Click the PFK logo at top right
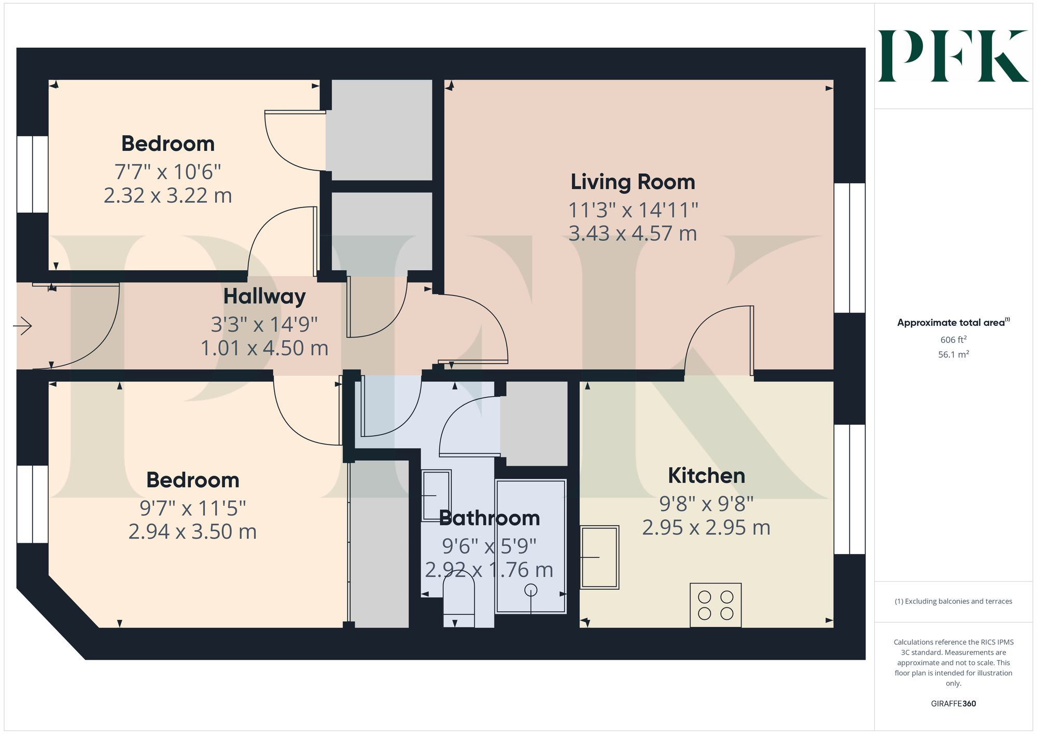[953, 56]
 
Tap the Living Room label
[633, 182]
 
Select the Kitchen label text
[706, 476]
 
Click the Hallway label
[264, 296]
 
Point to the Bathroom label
[489, 518]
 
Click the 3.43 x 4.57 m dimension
[633, 233]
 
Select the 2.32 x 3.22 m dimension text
[167, 196]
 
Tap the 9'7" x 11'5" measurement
[192, 508]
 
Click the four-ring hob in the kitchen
[716, 605]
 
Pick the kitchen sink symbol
[599, 557]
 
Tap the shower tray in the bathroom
[530, 546]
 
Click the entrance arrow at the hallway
[22, 326]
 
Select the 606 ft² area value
[953, 340]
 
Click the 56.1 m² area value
[953, 355]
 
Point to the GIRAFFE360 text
[953, 703]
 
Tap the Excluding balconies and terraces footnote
[953, 601]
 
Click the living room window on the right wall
[849, 248]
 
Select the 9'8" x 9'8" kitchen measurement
[706, 503]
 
